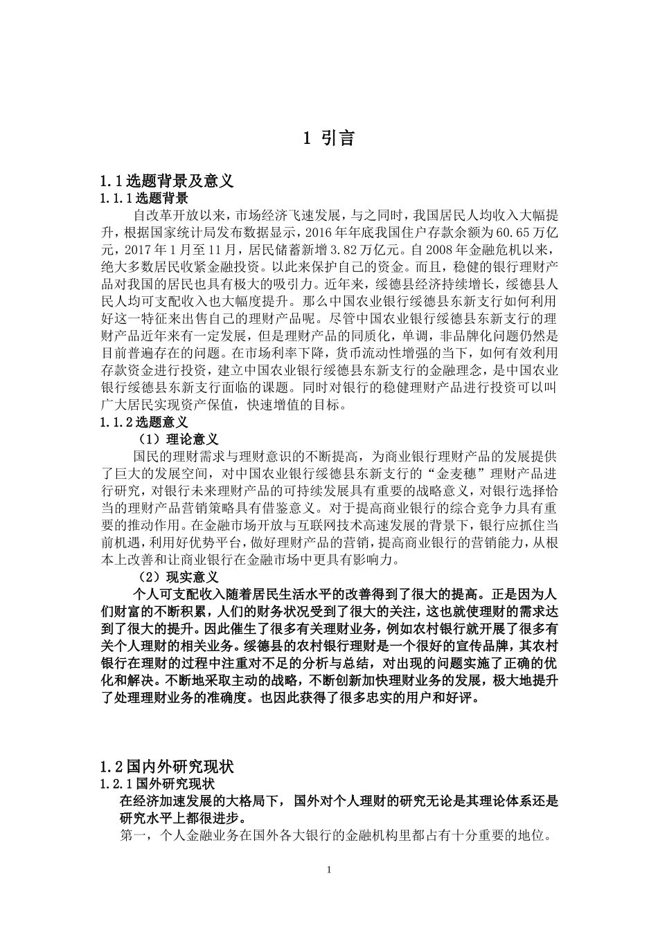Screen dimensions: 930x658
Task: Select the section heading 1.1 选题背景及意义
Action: (167, 181)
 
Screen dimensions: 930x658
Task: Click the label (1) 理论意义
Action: (179, 439)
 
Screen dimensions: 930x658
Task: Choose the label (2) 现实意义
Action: (179, 576)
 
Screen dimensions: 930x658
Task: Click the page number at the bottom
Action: (329, 870)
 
